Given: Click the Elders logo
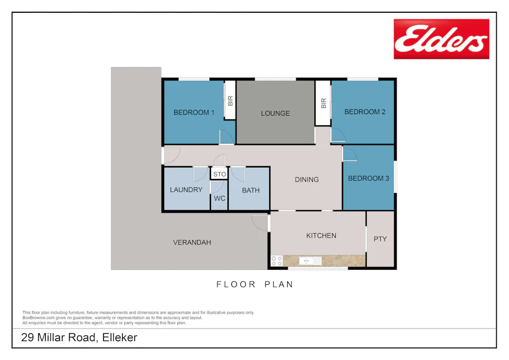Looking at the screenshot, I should tap(441, 39).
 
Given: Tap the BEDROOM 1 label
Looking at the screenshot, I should tap(194, 113).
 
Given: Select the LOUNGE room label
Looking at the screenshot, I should tap(275, 113).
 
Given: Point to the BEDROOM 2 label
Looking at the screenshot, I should tap(365, 112).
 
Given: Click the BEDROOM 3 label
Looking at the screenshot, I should tap(368, 178).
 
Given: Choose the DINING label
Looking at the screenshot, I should tap(306, 180).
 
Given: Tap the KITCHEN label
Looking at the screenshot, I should tap(321, 236).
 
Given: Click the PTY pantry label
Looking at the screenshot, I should tap(380, 239).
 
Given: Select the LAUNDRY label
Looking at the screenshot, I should tap(186, 190).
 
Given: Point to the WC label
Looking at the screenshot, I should tap(220, 198).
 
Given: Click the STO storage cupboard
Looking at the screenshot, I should tap(220, 174).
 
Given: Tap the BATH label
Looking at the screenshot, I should tap(251, 190).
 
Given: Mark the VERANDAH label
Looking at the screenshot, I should tap(192, 243).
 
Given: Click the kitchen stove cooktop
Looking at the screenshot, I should tap(277, 261).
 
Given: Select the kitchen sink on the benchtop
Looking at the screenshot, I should tap(310, 261).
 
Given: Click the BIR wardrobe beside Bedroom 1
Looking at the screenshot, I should tap(230, 100).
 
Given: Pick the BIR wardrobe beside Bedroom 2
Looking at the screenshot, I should tap(323, 103).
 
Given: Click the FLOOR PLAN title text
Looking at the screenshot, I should tap(255, 284).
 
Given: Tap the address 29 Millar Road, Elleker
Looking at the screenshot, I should tap(79, 338).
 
